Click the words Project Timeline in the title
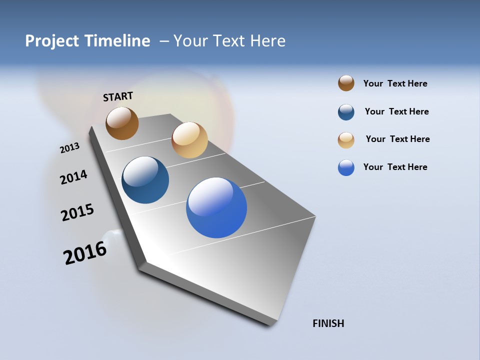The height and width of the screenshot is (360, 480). point(87,41)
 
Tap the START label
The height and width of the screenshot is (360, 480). point(118,96)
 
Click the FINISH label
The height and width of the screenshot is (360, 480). point(328,323)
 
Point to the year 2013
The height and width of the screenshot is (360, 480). point(70,147)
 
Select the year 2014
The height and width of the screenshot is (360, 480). point(74,177)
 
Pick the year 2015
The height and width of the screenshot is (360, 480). point(77,212)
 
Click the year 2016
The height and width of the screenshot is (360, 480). point(85,253)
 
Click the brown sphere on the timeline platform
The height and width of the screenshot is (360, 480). point(122,123)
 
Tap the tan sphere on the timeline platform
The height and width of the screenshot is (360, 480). point(189,140)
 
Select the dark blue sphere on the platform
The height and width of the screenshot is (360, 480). point(145,180)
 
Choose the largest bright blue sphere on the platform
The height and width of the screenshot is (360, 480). point(216,207)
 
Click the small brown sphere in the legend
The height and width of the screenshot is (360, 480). point(346,83)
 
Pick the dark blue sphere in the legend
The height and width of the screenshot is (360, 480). point(346,112)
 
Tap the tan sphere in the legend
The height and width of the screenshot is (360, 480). point(346,140)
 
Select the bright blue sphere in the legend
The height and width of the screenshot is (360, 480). point(346,167)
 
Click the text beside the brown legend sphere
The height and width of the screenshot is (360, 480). point(395,83)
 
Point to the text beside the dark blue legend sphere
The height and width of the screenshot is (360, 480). point(396,111)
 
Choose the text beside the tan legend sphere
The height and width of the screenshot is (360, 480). point(397,139)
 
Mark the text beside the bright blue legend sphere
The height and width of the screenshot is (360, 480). point(395,167)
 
